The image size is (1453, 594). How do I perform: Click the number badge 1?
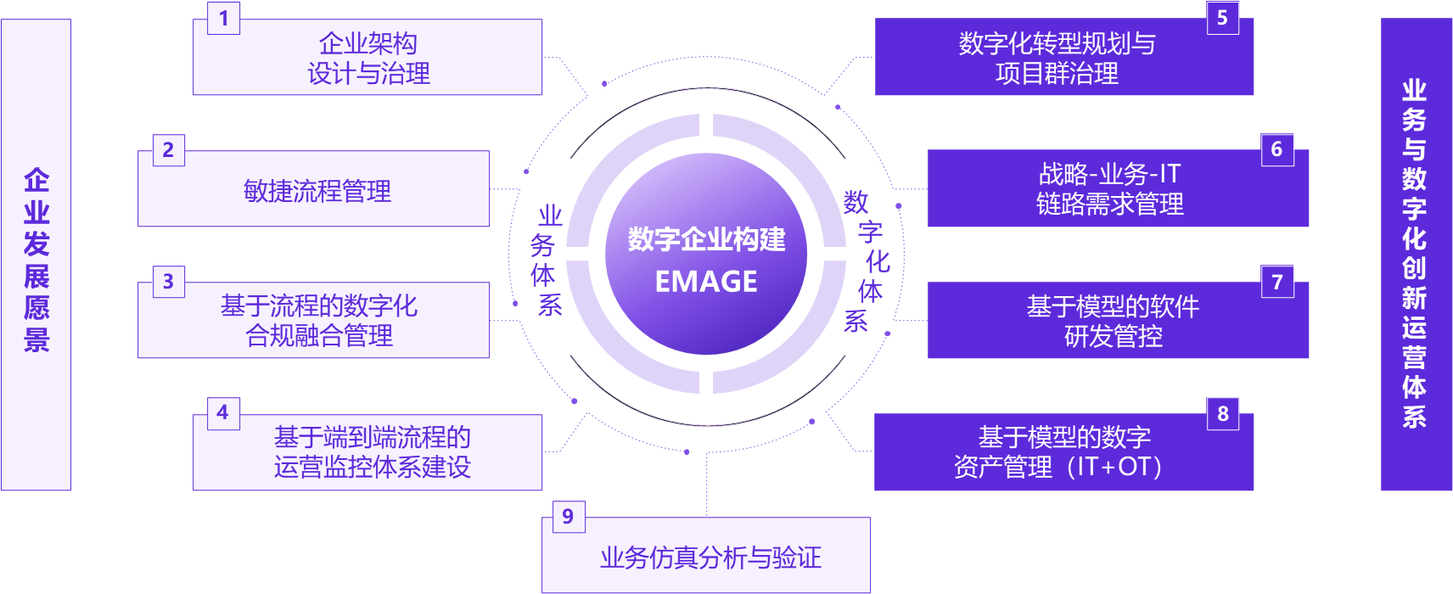[x=224, y=18]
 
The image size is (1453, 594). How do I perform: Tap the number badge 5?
[x=1222, y=18]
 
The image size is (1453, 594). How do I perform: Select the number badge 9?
[x=568, y=516]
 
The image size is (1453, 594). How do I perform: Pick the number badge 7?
[x=1277, y=282]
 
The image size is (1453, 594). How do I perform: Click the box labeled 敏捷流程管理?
[x=314, y=189]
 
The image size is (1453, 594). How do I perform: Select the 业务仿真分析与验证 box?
[x=706, y=556]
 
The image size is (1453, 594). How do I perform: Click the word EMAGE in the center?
[x=706, y=282]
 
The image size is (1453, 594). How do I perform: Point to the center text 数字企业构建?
[x=706, y=239]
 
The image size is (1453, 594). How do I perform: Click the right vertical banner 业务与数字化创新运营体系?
[x=1415, y=255]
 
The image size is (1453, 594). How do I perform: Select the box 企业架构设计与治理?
[x=368, y=58]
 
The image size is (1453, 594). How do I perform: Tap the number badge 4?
[x=223, y=413]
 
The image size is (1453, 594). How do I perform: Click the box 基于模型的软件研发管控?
[x=1114, y=321]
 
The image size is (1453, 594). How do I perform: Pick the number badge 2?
[x=168, y=150]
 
